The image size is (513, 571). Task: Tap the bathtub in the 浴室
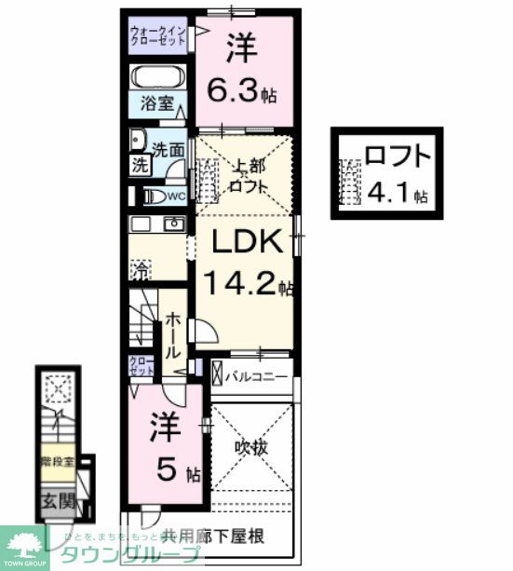pos(159,77)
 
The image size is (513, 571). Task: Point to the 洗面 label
pos(168,148)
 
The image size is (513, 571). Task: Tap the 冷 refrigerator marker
pos(138,271)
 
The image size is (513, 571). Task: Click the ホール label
pos(173,335)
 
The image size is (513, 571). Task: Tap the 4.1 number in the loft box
pos(390,195)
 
